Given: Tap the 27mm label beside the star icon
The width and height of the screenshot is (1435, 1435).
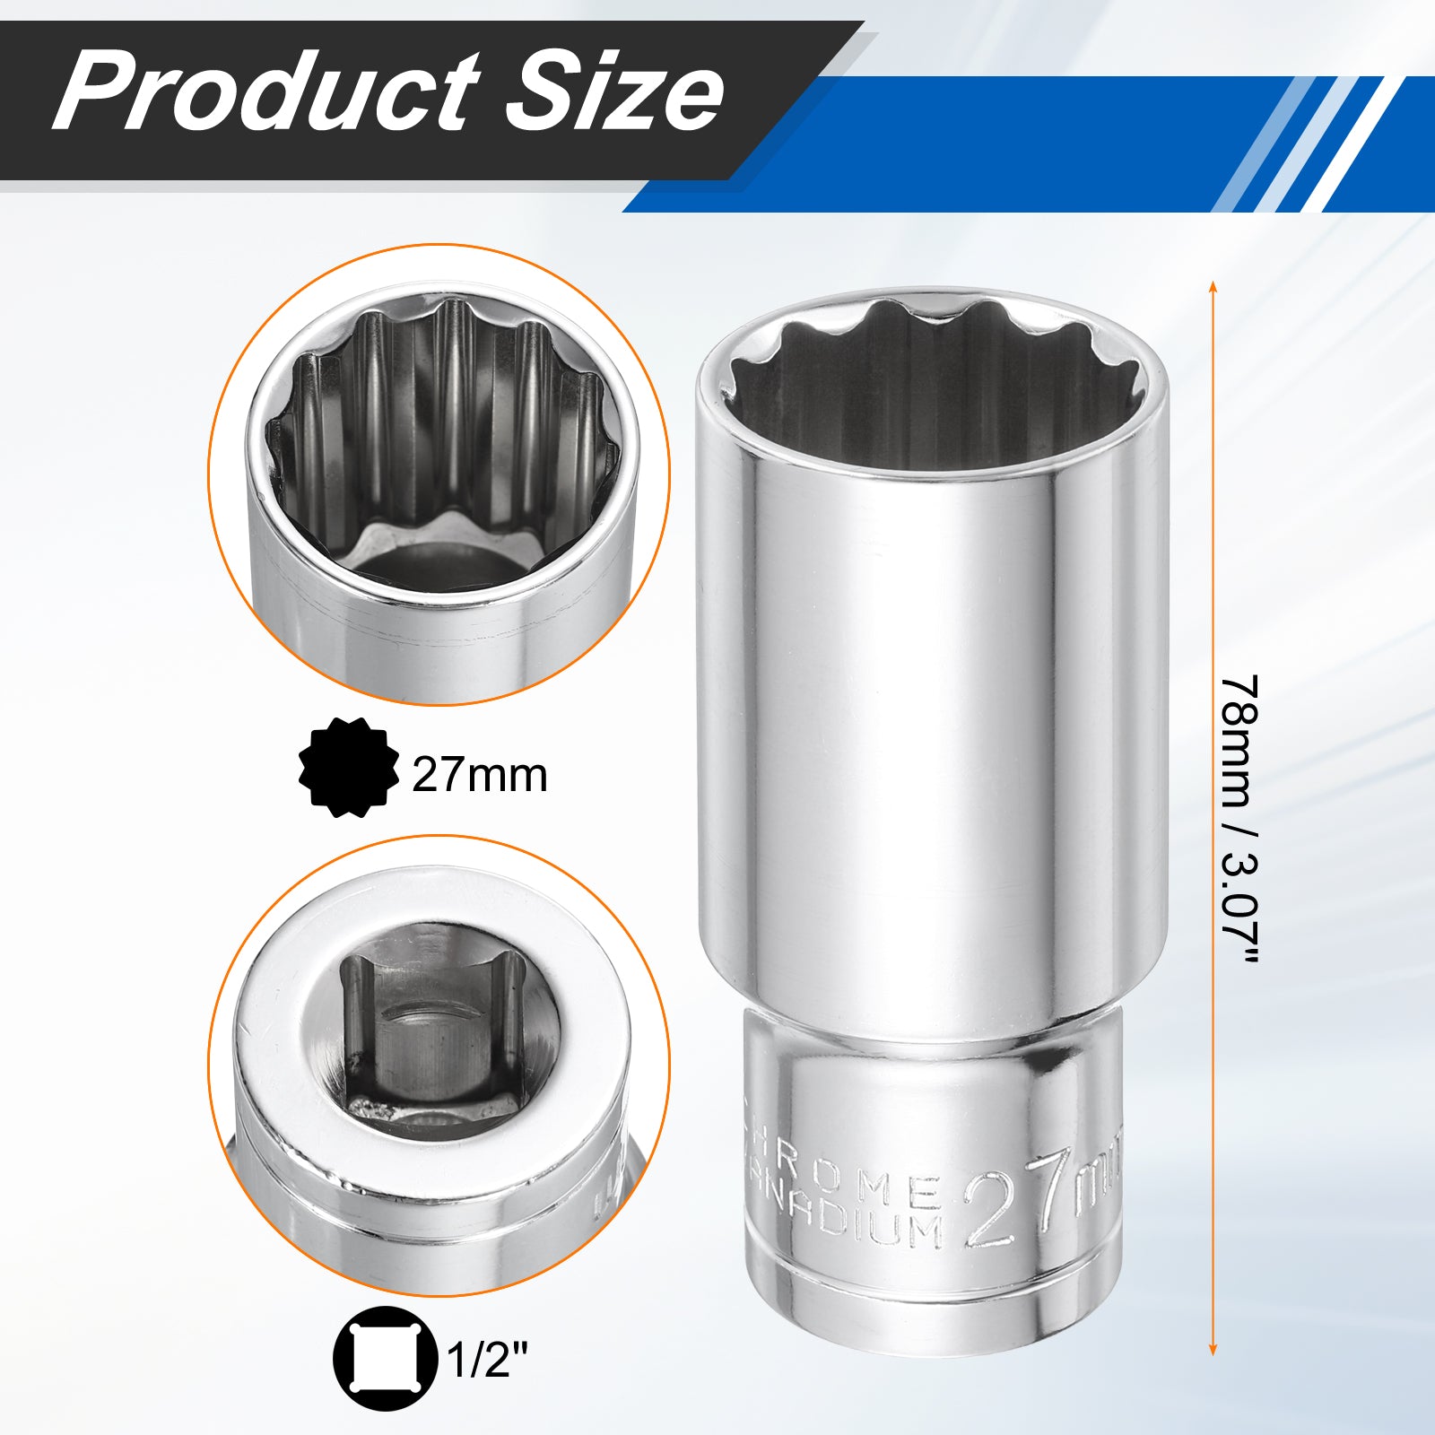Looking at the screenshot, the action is pyautogui.click(x=480, y=775).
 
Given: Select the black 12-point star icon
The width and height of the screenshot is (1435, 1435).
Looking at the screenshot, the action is pyautogui.click(x=349, y=767).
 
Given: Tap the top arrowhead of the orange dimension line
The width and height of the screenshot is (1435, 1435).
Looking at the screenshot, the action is pyautogui.click(x=1213, y=287).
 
